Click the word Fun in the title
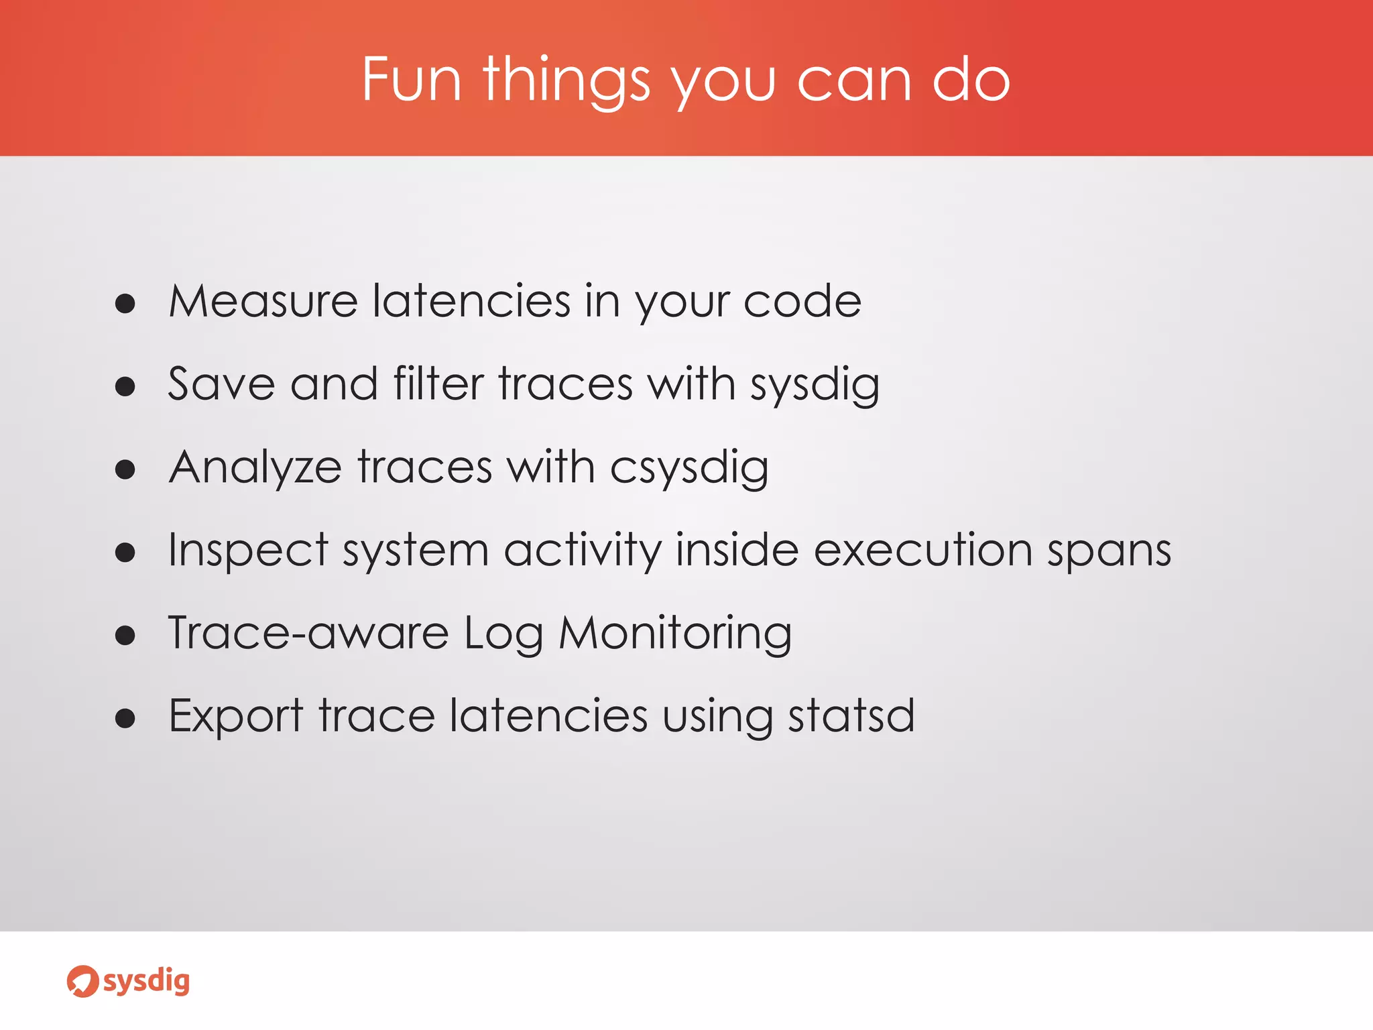tap(412, 80)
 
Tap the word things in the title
tap(566, 82)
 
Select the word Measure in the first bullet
tap(263, 301)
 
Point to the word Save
tap(221, 384)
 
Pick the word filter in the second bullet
tap(438, 384)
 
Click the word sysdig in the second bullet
tap(815, 386)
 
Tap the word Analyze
tap(255, 468)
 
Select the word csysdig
tap(689, 468)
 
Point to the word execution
tap(922, 551)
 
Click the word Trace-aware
tap(308, 633)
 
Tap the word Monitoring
tap(675, 634)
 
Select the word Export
tap(236, 717)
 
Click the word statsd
tap(851, 716)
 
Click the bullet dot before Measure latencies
tap(125, 304)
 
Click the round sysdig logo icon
tap(82, 982)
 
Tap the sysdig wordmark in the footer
tap(147, 982)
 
